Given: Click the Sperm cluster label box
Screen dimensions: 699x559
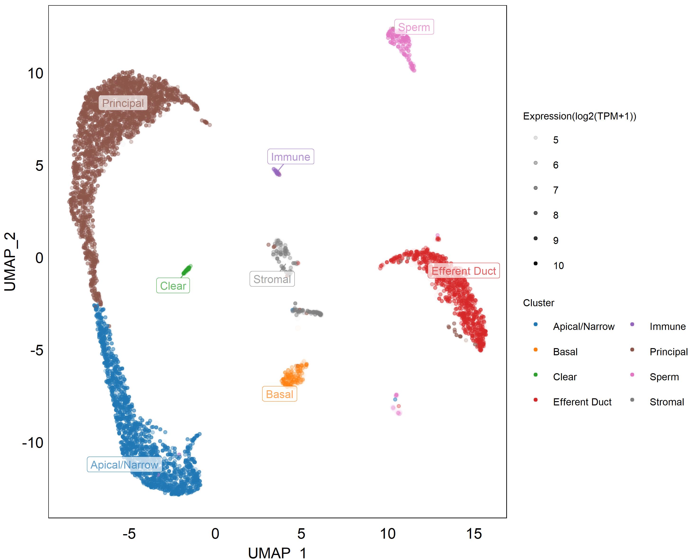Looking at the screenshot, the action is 414,27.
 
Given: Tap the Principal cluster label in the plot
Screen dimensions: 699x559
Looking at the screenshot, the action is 123,103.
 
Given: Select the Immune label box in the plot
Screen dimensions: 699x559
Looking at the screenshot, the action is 291,156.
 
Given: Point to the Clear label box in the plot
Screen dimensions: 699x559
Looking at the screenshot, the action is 173,285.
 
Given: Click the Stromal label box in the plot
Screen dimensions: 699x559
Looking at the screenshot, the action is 272,279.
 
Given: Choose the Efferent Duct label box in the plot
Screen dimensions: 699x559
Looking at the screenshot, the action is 464,271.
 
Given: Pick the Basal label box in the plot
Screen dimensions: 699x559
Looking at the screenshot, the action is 279,394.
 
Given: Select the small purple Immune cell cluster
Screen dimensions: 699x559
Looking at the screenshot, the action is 277,172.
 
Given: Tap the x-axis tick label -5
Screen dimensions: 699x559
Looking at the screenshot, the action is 129,534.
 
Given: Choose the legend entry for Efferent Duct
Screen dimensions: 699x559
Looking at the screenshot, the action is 573,402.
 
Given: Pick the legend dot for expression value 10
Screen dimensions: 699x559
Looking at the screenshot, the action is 536,263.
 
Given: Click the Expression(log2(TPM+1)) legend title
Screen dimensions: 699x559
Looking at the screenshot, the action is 580,116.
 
